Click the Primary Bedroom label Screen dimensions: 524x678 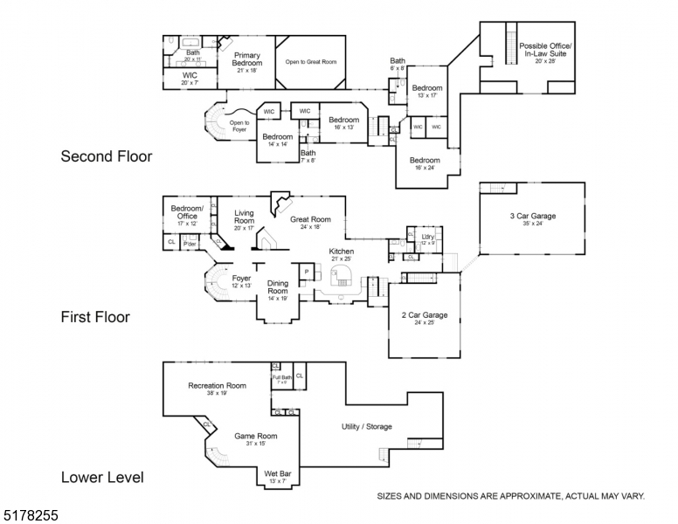247,59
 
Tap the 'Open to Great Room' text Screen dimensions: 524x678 311,62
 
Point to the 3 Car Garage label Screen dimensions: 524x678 532,217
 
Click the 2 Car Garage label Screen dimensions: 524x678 424,314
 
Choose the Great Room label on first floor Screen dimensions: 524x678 310,220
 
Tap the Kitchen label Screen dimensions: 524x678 341,252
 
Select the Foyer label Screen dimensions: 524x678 241,279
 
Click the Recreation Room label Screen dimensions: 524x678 217,386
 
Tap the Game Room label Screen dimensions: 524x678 255,436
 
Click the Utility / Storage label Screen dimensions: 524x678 366,426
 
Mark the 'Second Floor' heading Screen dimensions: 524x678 106,157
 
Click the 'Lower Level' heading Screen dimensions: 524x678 102,478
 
